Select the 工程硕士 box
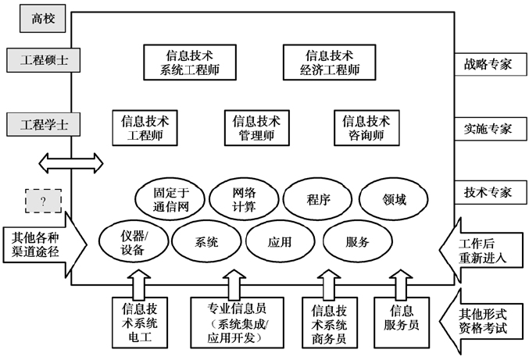tap(44, 61)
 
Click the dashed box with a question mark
tap(44, 201)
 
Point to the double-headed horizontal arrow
tap(71, 163)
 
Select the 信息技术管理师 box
tap(256, 128)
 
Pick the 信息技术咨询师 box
tap(366, 128)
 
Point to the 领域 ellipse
tap(394, 199)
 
